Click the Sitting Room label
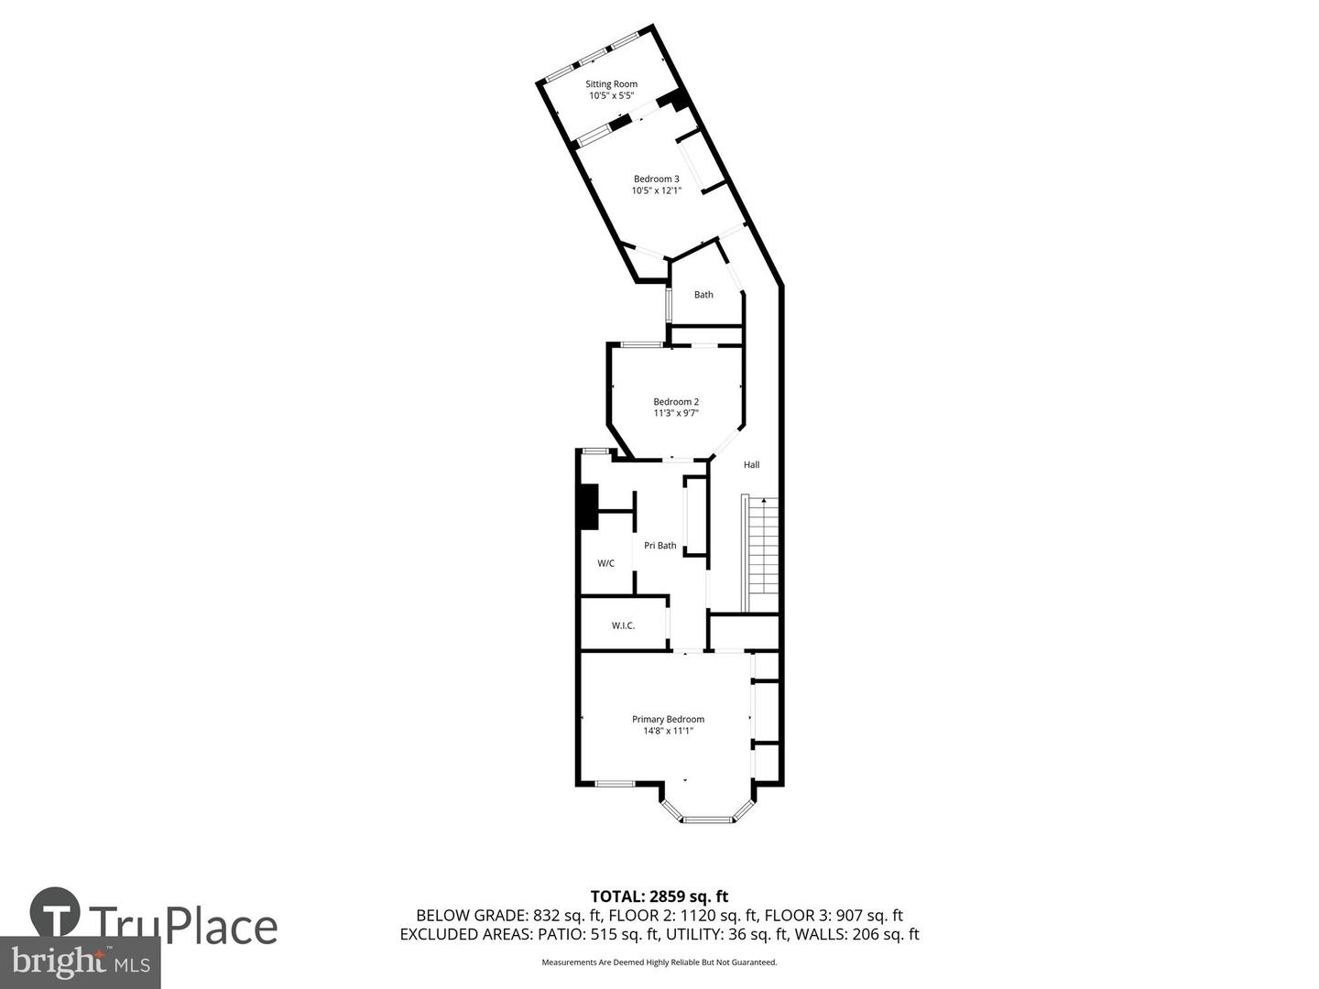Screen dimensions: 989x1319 click(611, 84)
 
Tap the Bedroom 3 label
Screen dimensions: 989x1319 click(656, 179)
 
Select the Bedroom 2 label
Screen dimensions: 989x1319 click(676, 401)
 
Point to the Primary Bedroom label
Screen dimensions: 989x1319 click(668, 719)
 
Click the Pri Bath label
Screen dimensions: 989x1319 click(659, 546)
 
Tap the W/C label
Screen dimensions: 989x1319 click(605, 563)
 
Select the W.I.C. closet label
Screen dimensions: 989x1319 click(623, 625)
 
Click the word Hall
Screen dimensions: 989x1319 click(751, 465)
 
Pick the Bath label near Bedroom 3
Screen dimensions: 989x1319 click(703, 295)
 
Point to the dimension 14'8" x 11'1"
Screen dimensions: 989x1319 click(668, 731)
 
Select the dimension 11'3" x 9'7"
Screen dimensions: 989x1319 click(676, 413)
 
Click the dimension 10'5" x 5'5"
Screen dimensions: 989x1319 click(611, 95)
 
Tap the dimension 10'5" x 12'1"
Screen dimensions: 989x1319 click(656, 190)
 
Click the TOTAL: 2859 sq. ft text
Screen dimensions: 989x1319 click(659, 897)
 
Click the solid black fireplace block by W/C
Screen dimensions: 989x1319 click(586, 506)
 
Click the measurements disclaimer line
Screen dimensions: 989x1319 click(659, 962)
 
